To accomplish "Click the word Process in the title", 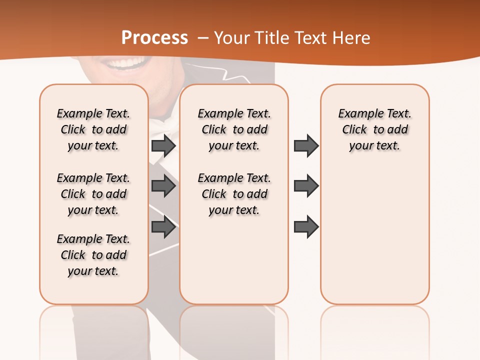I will click(x=154, y=38).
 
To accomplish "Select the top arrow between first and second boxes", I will click(x=163, y=145).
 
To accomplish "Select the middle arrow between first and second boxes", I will click(x=163, y=186).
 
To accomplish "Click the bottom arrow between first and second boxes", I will click(x=163, y=227).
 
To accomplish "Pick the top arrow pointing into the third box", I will click(x=306, y=145).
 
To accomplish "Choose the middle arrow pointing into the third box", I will click(x=306, y=186).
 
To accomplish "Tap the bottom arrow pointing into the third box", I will click(x=306, y=227).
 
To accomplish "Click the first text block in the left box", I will click(x=93, y=129).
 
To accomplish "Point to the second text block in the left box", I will click(x=93, y=194).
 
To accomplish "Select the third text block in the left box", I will click(x=93, y=255).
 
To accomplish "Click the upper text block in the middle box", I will click(x=234, y=129).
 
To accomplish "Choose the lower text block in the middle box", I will click(x=234, y=194).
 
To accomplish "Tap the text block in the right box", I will click(x=374, y=129).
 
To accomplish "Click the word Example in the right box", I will click(x=356, y=114).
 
